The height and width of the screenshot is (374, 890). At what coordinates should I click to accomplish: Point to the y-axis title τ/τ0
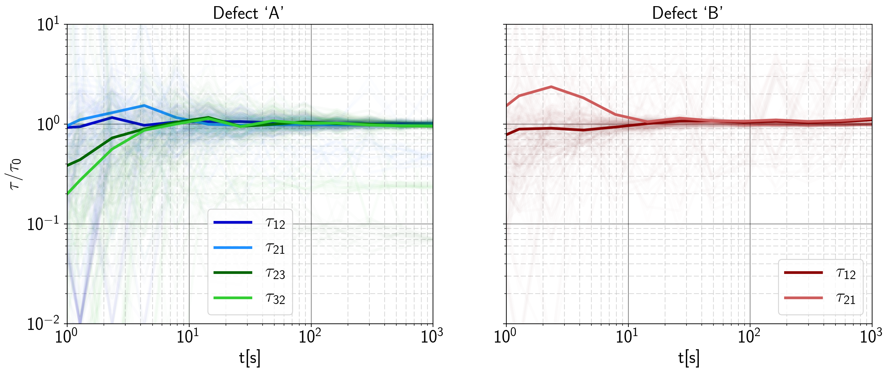(16, 174)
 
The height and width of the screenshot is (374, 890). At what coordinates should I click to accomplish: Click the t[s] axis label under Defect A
(250, 358)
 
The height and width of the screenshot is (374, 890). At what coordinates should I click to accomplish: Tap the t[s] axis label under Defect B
(688, 358)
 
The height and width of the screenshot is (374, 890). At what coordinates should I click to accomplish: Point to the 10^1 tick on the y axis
(48, 25)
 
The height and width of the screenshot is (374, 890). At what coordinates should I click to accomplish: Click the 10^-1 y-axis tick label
(43, 224)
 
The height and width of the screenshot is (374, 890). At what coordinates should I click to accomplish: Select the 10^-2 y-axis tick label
(43, 324)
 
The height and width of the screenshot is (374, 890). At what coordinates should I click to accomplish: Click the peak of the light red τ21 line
(551, 87)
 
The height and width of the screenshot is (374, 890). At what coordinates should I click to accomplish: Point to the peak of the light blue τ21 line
(144, 105)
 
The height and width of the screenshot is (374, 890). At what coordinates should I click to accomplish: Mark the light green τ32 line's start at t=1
(68, 194)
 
